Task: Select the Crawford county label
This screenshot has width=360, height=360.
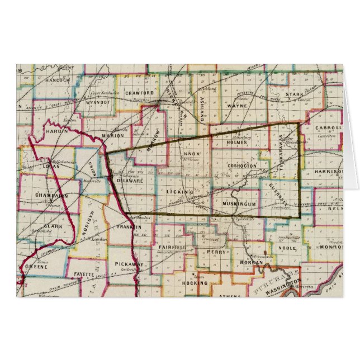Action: pos(139,93)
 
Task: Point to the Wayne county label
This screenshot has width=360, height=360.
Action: pos(238,105)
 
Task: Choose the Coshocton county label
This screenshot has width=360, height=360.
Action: pos(243,166)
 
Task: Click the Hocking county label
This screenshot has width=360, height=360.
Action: pos(195,283)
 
